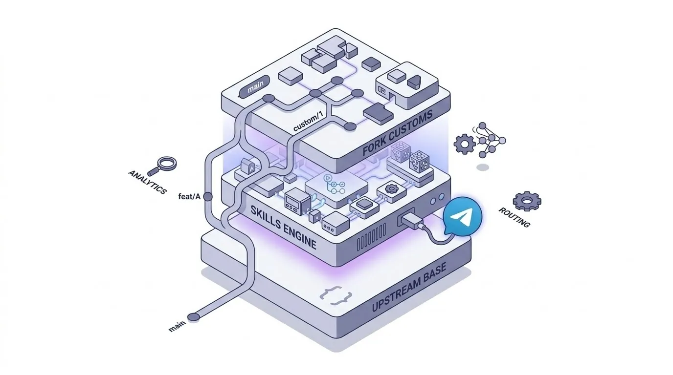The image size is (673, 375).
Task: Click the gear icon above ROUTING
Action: point(527,201)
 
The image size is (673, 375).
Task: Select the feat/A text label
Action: point(190,197)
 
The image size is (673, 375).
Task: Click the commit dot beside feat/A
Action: point(207,196)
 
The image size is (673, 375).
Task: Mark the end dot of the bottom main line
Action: point(194,317)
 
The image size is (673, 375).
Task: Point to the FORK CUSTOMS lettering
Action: point(398,133)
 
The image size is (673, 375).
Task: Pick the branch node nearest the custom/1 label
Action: point(350,127)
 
